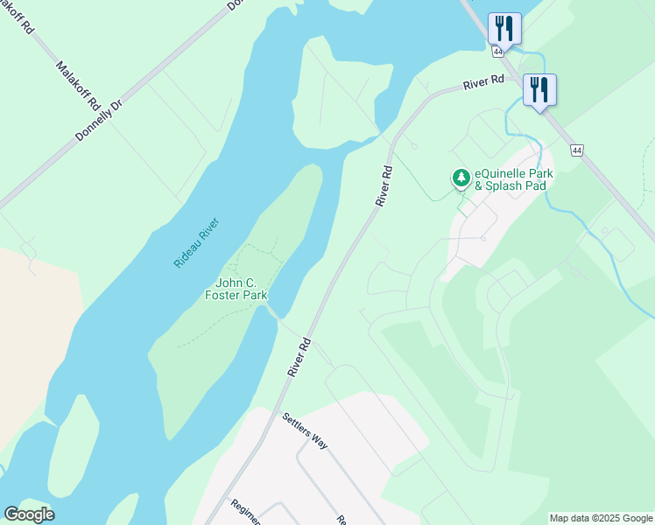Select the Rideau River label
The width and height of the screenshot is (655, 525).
[x=195, y=242]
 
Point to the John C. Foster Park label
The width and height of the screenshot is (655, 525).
[x=236, y=289]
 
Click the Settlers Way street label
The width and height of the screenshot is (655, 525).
[x=305, y=430]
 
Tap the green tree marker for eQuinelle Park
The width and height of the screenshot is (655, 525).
[x=461, y=178]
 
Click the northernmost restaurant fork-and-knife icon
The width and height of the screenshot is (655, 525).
[x=504, y=27]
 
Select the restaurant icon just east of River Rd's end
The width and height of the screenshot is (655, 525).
[x=539, y=88]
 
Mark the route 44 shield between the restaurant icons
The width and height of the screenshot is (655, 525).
[x=497, y=52]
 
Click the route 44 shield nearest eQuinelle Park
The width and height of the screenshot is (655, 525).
[x=576, y=150]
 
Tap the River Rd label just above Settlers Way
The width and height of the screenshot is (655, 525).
[x=299, y=357]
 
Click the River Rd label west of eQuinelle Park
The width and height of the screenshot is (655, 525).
[x=384, y=185]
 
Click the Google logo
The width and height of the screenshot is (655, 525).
[x=29, y=514]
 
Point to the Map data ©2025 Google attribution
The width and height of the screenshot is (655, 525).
[x=602, y=518]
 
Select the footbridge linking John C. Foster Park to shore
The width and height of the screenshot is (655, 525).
[x=273, y=312]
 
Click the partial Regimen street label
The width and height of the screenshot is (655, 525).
[x=245, y=512]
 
